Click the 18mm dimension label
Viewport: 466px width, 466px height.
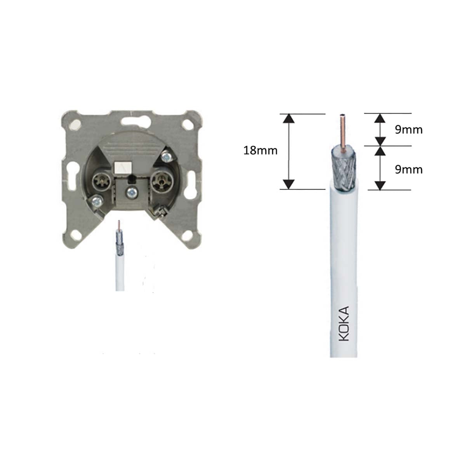[x=260, y=150]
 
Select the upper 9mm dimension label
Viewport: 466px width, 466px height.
[x=409, y=130]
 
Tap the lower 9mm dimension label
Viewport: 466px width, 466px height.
[x=409, y=169]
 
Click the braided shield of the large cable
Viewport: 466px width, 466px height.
[x=344, y=169]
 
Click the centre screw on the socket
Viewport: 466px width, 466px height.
[x=132, y=191]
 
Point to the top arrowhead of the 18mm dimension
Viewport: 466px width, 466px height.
[x=288, y=118]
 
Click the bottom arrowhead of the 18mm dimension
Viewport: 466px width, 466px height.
[x=288, y=184]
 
